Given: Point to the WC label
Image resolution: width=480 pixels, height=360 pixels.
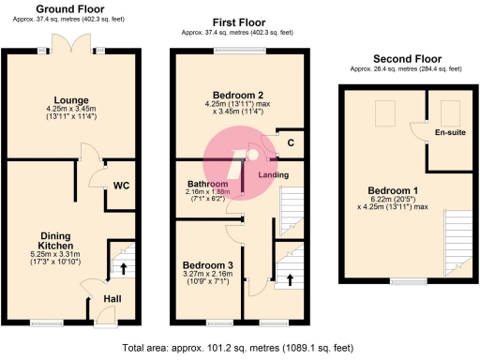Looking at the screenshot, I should pos(121,185).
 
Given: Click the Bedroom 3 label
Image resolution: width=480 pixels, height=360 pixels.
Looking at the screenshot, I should pos(207,263).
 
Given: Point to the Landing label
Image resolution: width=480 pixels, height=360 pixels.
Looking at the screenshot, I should pos(273,175).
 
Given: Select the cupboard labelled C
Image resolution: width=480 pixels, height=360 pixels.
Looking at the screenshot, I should pos(291,142).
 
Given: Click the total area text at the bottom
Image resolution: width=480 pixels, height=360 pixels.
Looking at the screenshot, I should pos(239,347).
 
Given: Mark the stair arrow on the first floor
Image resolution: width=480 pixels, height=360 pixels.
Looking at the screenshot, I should pos(289,278).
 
